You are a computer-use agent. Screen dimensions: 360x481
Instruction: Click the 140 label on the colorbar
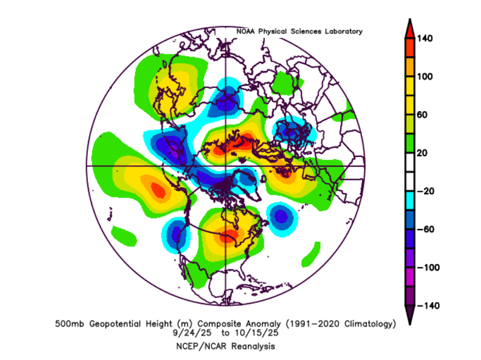pos(425,38)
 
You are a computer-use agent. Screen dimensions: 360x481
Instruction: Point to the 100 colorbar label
pos(425,77)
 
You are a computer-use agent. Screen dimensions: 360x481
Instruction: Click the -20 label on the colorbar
pos(425,191)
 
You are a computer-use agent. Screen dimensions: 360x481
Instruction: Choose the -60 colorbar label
pos(425,229)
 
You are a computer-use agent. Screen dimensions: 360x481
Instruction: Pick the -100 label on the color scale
pos(427,267)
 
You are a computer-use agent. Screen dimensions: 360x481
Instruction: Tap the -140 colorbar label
pos(427,305)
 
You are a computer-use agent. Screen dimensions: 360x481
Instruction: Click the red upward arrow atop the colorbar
pos(410,28)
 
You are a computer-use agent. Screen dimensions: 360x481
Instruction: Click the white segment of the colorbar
pos(410,172)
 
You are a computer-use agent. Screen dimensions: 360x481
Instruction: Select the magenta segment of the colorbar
pos(410,276)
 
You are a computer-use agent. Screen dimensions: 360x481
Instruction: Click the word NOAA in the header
pos(246,32)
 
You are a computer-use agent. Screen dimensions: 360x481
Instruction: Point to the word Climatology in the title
pos(368,324)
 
